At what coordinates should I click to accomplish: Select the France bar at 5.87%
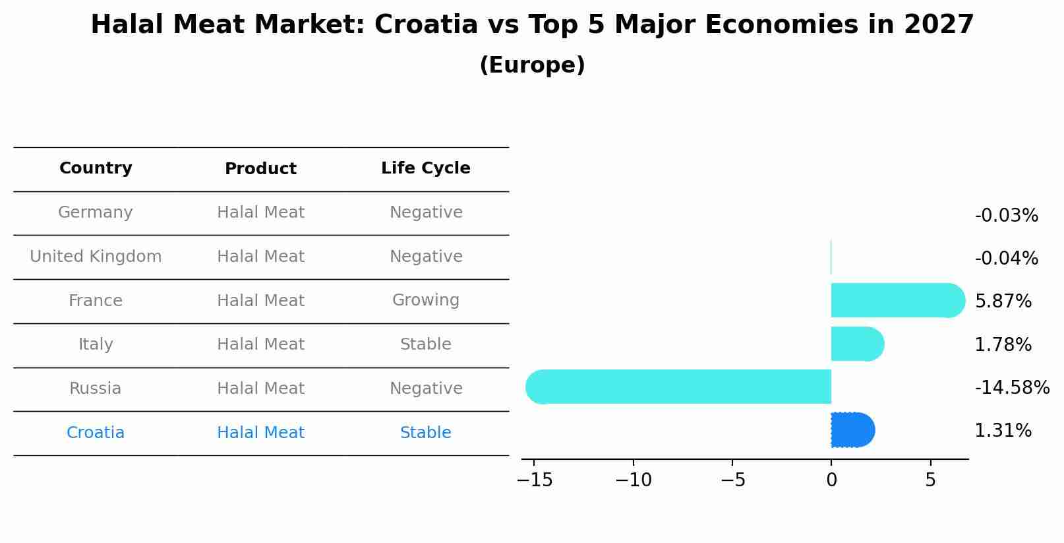(897, 300)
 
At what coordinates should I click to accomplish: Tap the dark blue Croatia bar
(852, 430)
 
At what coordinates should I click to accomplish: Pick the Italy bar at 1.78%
(856, 344)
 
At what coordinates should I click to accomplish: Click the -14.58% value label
(1011, 387)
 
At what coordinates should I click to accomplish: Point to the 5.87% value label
(1003, 301)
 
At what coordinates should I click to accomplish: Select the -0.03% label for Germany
(1006, 216)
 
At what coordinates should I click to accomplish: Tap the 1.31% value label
(1003, 431)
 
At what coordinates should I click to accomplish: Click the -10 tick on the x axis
(633, 480)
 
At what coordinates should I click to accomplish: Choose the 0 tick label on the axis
(831, 480)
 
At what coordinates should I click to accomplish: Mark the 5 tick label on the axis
(930, 480)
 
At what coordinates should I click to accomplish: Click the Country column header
(96, 168)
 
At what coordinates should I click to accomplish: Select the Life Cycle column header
(425, 168)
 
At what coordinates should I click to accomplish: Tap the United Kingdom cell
(96, 257)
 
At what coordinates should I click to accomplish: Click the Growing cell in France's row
(425, 300)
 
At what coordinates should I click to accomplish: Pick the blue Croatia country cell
(96, 433)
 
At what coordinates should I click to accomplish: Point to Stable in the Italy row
(425, 344)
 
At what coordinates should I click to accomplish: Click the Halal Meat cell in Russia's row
(260, 389)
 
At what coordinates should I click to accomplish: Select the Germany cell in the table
(96, 212)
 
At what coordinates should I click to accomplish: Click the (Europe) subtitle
(532, 65)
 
